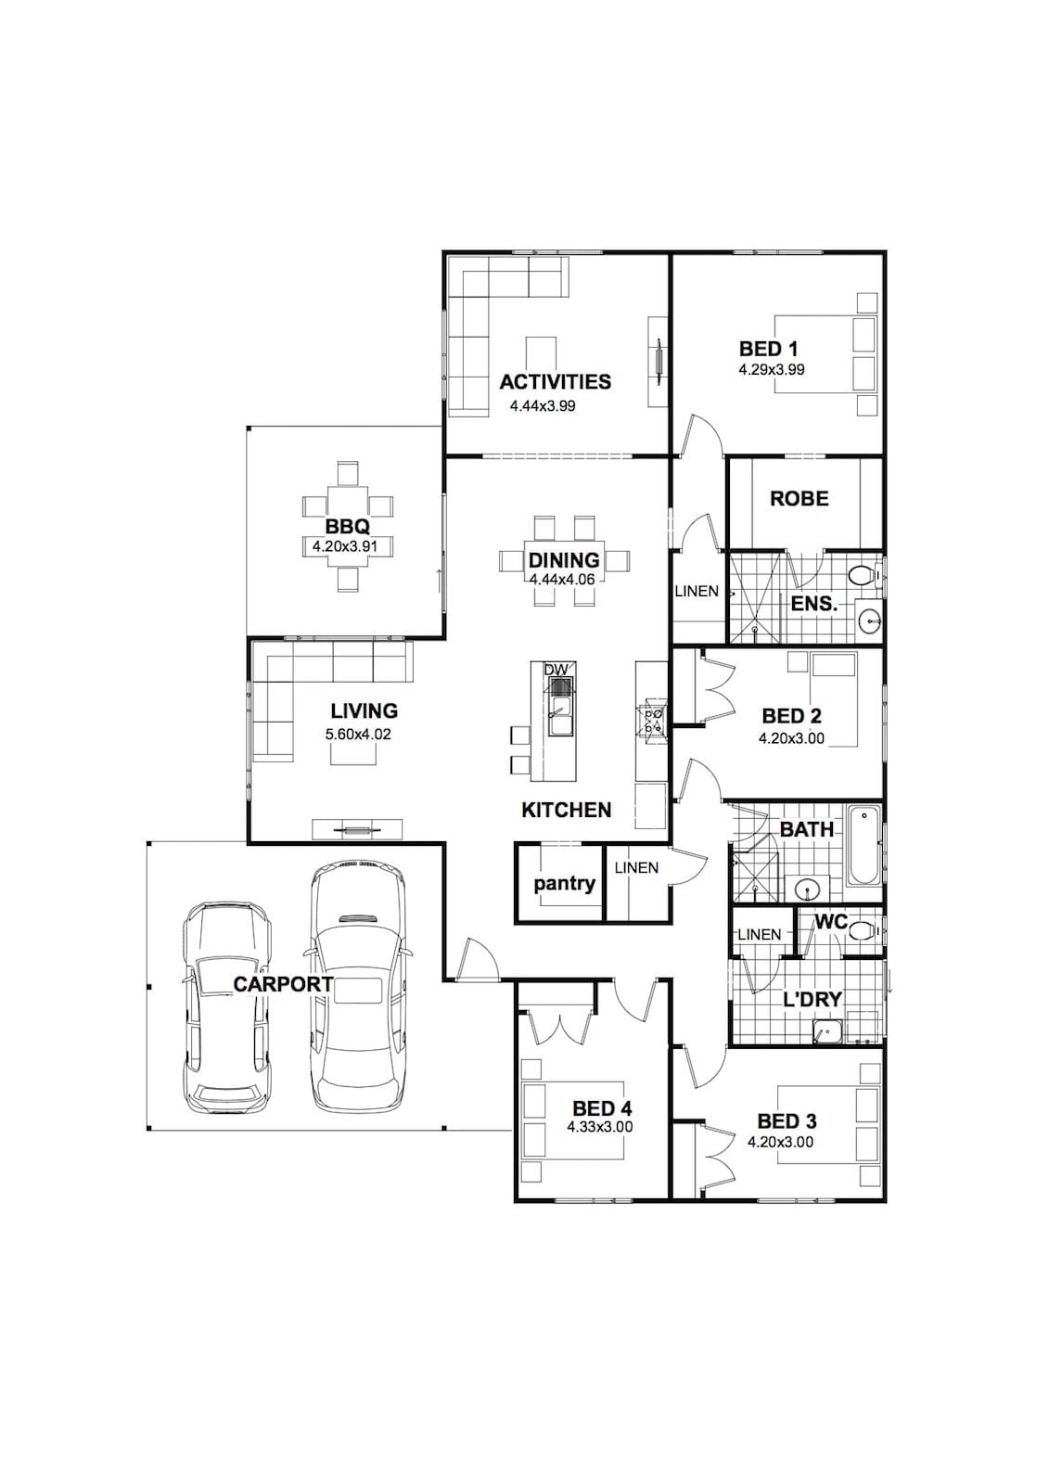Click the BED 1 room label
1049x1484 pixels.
point(769,349)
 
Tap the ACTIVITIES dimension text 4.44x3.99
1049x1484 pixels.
point(542,406)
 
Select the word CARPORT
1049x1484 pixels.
point(283,984)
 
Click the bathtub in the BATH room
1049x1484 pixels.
point(864,845)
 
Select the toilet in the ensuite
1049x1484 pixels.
point(864,576)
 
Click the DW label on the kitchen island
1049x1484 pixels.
point(556,670)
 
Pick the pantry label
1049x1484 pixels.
point(565,885)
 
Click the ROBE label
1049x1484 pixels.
point(800,498)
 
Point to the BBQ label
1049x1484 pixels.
point(347,527)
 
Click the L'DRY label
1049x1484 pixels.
point(812,999)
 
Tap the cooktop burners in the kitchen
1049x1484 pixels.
point(650,720)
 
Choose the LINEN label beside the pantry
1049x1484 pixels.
point(636,867)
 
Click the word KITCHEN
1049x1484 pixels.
point(566,810)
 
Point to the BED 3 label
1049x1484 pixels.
point(787,1121)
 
